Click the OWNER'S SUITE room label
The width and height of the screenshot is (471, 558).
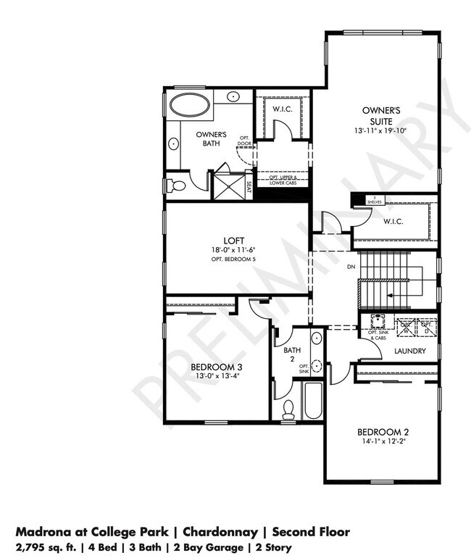pos(381,115)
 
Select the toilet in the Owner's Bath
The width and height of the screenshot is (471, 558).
pos(175,186)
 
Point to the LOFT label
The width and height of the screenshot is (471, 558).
pos(233,241)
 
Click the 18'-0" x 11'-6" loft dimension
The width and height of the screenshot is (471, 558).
pos(233,250)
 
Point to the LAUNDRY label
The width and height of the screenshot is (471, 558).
pos(410,351)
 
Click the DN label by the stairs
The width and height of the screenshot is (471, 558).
pos(351,267)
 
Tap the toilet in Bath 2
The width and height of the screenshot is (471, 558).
pos(288,409)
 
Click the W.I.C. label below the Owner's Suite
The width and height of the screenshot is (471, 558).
pos(393,221)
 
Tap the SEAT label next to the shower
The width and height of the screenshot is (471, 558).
pos(249,190)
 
